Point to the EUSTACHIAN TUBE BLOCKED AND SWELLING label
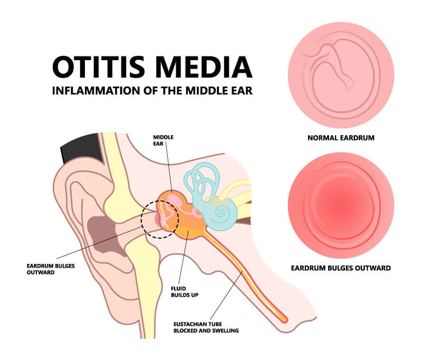pos(206,327)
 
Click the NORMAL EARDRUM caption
pos(341,138)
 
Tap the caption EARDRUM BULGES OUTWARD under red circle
pos(341,268)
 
